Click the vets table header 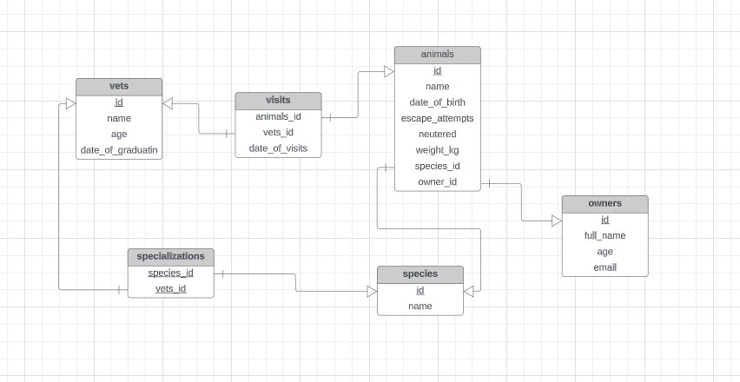pos(119,86)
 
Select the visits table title pos(278,101)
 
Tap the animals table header pos(437,55)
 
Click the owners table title pos(605,204)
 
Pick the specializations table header pos(170,257)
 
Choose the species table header pos(420,274)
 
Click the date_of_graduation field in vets pos(119,150)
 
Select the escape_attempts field pos(437,118)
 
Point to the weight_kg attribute pos(437,150)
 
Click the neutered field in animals pos(437,135)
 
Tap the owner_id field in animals pos(437,182)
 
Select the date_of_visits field pos(278,148)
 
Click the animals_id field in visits pos(278,116)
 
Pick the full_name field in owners pos(605,235)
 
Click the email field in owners pos(605,267)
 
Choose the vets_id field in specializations pos(170,288)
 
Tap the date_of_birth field pos(437,102)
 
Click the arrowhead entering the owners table pos(557,221)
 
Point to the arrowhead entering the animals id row pos(389,71)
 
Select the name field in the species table pos(420,306)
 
